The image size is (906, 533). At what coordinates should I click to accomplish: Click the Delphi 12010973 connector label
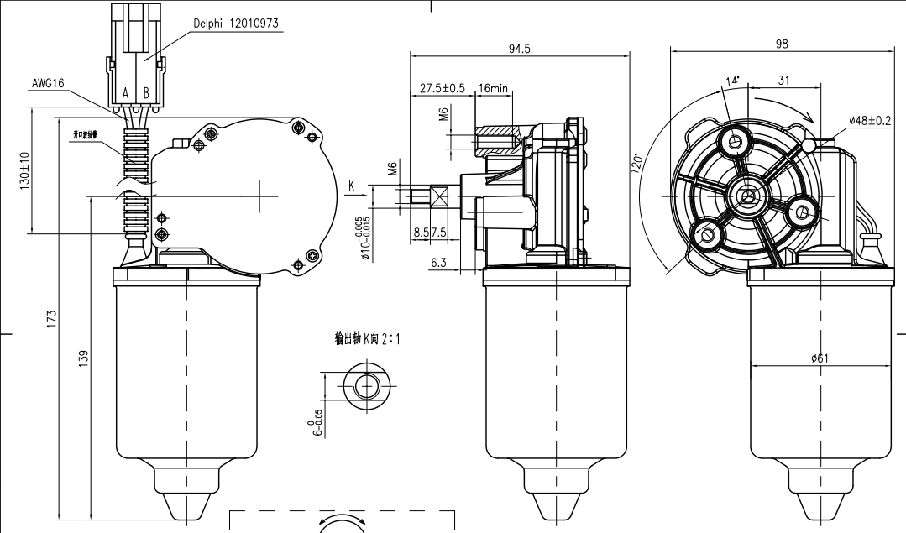[x=236, y=25]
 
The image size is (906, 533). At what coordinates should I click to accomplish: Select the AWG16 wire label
[x=48, y=83]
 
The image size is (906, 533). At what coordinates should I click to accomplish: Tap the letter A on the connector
[x=125, y=92]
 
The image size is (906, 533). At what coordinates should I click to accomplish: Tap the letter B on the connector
[x=146, y=92]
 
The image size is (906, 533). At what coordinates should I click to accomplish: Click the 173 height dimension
[x=52, y=318]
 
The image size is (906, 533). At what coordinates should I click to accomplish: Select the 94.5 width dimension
[x=520, y=49]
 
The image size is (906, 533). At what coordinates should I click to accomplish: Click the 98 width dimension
[x=783, y=44]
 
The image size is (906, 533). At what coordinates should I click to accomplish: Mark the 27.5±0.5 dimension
[x=442, y=88]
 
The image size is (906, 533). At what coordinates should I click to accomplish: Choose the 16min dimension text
[x=493, y=88]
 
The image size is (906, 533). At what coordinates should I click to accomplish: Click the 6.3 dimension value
[x=438, y=263]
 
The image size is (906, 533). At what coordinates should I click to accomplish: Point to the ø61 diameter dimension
[x=820, y=358]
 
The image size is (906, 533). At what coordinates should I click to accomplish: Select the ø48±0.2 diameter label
[x=870, y=120]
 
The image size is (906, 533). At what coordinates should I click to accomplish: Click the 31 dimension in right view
[x=783, y=81]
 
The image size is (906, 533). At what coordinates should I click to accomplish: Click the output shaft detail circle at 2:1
[x=366, y=387]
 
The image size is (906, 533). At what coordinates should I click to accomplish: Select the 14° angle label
[x=732, y=81]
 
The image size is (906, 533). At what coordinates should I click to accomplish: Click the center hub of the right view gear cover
[x=746, y=197]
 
